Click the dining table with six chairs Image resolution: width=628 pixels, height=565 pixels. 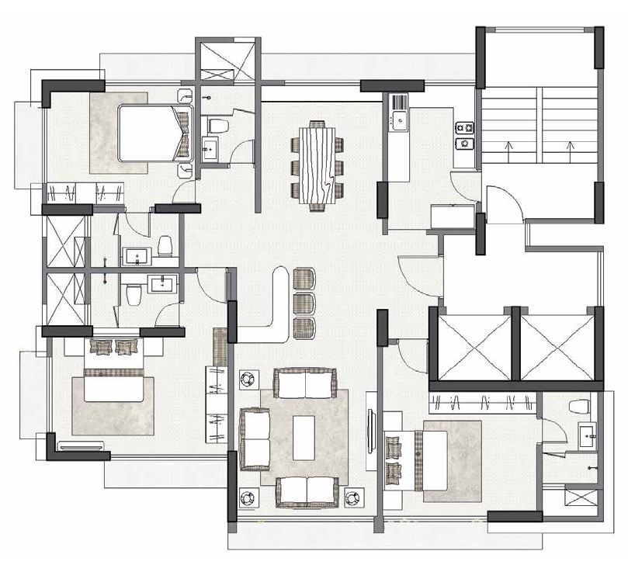pos(317,165)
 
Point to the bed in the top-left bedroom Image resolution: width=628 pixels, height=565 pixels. pos(152,133)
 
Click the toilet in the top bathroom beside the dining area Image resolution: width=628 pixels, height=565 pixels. pos(218,126)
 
